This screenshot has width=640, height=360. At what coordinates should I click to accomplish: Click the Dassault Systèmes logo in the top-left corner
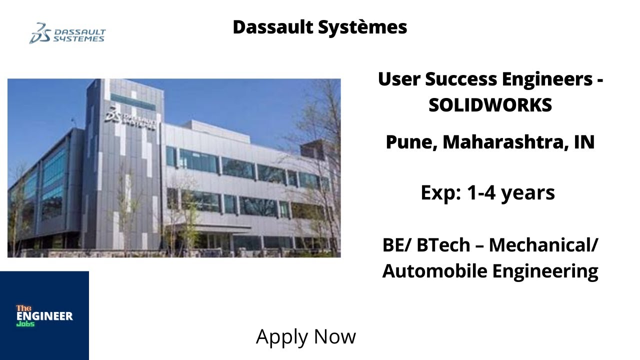click(x=67, y=33)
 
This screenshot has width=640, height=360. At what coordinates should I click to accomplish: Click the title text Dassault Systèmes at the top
click(x=319, y=27)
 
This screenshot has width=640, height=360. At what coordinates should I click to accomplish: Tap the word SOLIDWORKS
click(x=490, y=105)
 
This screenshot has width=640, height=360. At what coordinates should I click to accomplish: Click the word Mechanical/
click(x=543, y=245)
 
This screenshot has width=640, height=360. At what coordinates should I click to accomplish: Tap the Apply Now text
click(x=305, y=336)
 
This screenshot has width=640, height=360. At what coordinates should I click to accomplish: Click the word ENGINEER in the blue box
click(x=44, y=316)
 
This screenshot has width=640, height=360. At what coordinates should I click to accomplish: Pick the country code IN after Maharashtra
click(x=584, y=142)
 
